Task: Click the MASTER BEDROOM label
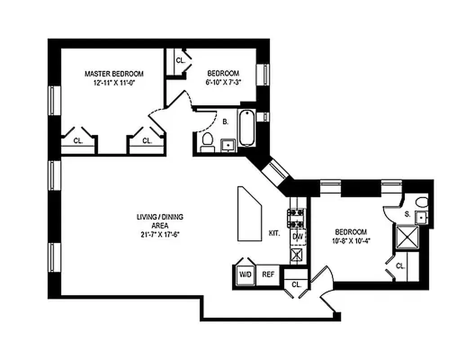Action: (114, 74)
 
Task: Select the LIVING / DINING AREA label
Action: (160, 220)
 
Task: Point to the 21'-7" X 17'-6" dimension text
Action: (160, 234)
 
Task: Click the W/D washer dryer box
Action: (245, 274)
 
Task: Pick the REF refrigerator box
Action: (268, 274)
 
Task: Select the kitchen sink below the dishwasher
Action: (297, 255)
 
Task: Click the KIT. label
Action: (275, 234)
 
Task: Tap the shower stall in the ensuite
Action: (407, 237)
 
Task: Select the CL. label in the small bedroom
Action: (180, 60)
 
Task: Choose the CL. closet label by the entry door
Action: (296, 284)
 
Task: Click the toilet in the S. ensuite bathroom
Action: (421, 201)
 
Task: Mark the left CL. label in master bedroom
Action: (78, 140)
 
